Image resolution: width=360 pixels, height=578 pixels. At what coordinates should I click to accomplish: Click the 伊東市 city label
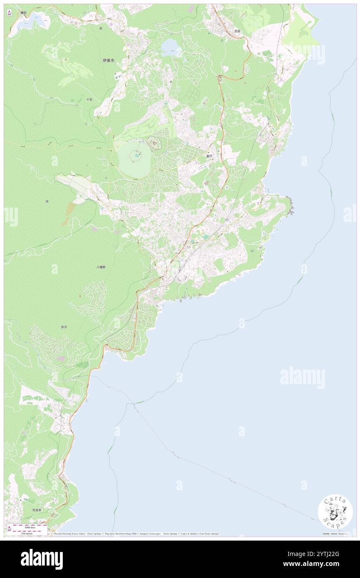[108, 60]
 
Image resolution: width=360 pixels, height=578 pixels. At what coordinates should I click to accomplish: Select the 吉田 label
[237, 31]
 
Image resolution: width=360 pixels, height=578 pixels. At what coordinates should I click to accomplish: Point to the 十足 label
[89, 100]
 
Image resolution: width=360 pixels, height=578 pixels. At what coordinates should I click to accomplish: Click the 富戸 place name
[209, 156]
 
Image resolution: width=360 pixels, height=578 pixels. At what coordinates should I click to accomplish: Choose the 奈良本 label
[37, 510]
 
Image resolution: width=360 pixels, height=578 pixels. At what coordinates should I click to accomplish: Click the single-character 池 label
[47, 201]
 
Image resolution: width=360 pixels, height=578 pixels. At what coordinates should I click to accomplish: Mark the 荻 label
[101, 28]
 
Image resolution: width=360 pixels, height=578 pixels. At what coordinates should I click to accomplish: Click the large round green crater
[134, 158]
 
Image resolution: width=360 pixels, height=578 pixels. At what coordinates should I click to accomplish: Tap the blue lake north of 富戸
[170, 48]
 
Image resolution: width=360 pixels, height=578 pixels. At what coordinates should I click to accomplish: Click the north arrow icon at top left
[9, 13]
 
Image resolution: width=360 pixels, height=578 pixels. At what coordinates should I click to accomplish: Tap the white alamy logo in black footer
[42, 559]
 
